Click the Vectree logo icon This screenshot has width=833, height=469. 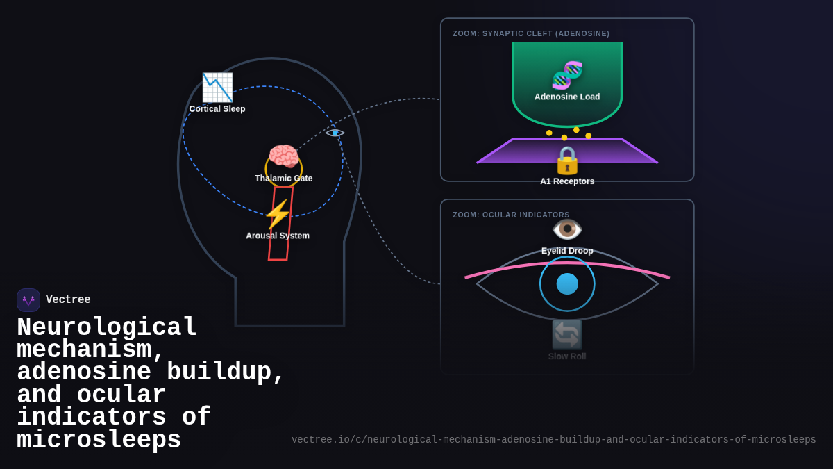coord(28,300)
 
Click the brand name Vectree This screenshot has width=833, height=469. coord(68,300)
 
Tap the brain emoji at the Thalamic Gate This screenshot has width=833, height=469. coord(283,157)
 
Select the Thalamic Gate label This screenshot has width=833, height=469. coord(283,179)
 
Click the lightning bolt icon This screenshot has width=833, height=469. coord(277,215)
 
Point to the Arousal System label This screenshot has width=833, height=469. coord(278,236)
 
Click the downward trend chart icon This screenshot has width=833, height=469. coord(217,88)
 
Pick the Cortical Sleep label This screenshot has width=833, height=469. coord(217,109)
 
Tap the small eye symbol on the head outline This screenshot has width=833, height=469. coord(335,133)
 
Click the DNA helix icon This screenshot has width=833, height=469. coord(567,75)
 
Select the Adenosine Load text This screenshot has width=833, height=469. coord(567,97)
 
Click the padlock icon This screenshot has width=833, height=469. coord(567,161)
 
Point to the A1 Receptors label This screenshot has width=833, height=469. coord(567,181)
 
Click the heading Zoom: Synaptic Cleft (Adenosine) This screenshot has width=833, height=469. coord(531,33)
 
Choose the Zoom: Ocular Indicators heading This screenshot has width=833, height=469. coord(511,215)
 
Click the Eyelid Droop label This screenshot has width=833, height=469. coord(567,251)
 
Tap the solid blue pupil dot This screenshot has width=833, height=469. coord(567,283)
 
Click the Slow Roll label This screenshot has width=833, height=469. coord(567,356)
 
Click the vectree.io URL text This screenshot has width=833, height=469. coord(553,440)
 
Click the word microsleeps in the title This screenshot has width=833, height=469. coord(99,441)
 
